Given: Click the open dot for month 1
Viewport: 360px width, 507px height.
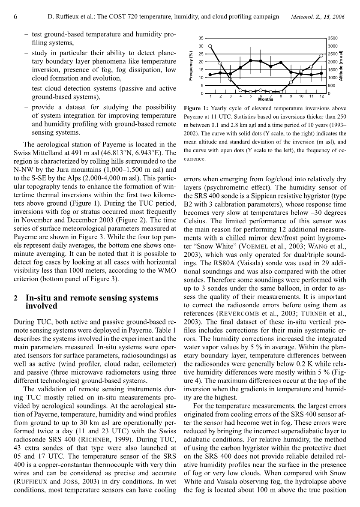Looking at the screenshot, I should (210, 46).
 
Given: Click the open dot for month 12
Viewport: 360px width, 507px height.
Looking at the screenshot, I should (321, 55).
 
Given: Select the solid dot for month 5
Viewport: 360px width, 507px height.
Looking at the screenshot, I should (251, 60).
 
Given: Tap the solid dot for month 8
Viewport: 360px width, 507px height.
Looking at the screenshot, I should (281, 63).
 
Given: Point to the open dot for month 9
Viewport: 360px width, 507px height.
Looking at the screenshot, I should (291, 82).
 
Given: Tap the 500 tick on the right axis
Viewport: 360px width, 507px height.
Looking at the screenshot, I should (331, 86).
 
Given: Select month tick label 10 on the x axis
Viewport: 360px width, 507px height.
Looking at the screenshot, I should (301, 96).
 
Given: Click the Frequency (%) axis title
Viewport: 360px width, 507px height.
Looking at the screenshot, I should (191, 66).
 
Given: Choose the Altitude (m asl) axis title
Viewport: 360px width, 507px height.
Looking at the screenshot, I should (341, 66).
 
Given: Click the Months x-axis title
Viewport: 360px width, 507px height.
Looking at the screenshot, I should (266, 99).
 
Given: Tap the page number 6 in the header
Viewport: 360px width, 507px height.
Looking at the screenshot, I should (15, 17).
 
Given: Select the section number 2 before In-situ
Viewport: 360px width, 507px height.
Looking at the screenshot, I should (16, 298).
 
